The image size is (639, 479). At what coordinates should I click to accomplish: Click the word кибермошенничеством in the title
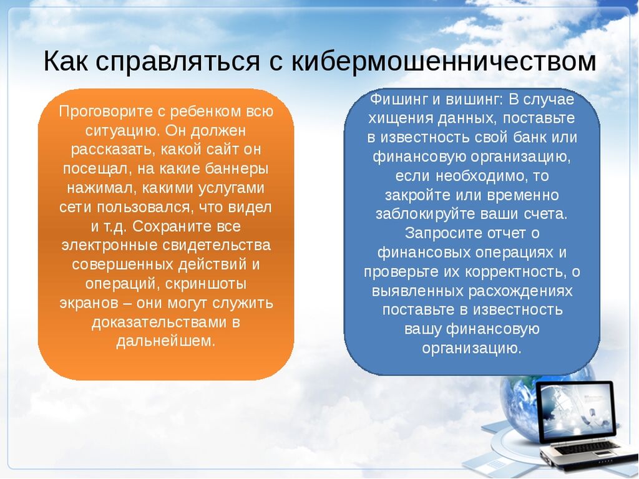pos(444,61)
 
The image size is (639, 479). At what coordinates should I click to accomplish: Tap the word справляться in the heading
pos(178,62)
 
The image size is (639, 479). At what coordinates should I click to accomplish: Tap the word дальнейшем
pos(165,341)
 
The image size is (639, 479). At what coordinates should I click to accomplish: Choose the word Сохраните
pos(168,226)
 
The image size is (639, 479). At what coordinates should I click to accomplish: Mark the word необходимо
pos(476,176)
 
